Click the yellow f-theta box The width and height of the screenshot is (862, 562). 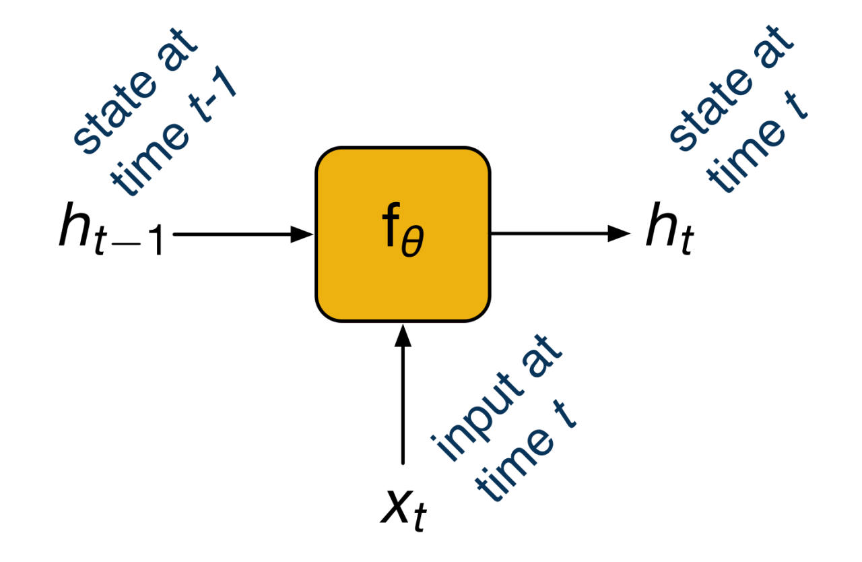[403, 234]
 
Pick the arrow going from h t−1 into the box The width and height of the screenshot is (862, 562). [242, 235]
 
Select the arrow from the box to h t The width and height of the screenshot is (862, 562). [559, 234]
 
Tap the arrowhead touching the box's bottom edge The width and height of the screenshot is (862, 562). [403, 335]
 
